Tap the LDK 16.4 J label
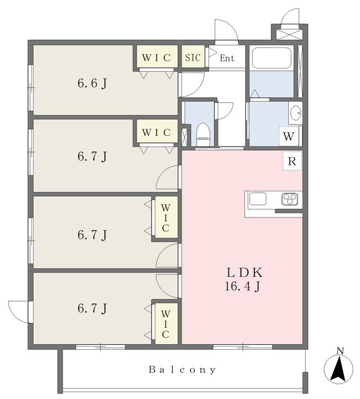[243, 279]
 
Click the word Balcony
[182, 369]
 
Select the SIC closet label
[193, 58]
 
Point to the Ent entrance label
[227, 59]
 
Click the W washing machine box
[289, 135]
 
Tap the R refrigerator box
[291, 161]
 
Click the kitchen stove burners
[289, 199]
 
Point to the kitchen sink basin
[258, 199]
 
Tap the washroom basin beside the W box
[295, 114]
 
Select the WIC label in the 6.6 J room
[157, 58]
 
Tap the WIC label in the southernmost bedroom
[165, 322]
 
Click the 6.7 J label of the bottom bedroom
[92, 308]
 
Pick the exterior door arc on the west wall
[18, 310]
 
